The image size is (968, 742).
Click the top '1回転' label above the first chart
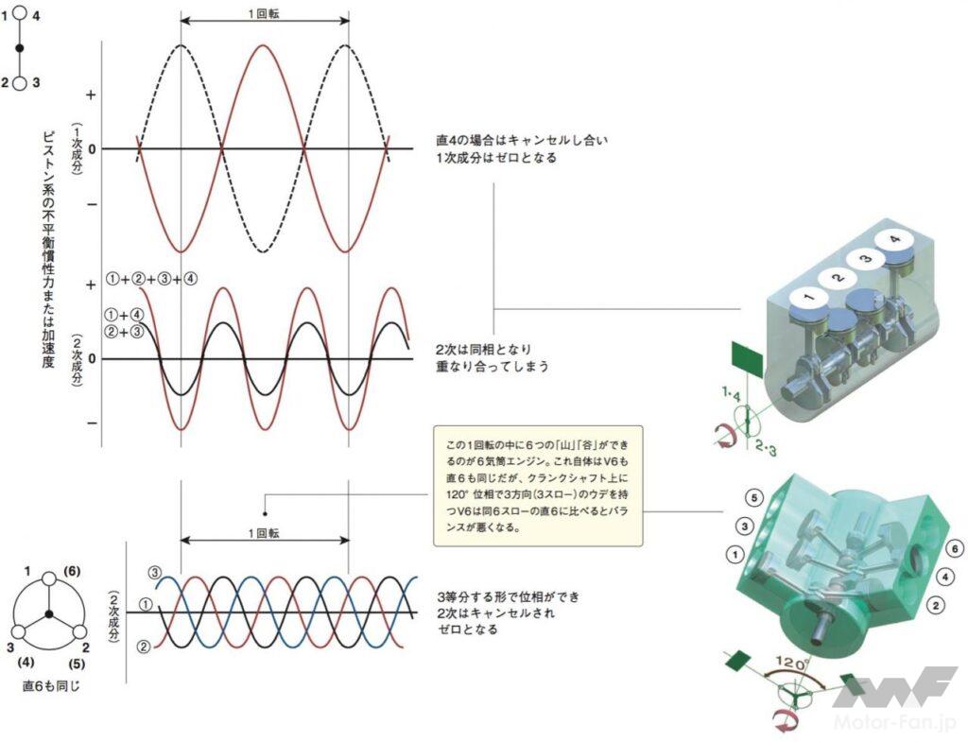(264, 13)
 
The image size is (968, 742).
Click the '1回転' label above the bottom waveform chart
(264, 533)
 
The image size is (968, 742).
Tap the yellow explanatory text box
(538, 486)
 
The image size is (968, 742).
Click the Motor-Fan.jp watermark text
(895, 722)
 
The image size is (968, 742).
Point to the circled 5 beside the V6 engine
(753, 497)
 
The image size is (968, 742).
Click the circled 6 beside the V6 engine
(955, 548)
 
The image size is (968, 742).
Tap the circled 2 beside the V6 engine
(935, 606)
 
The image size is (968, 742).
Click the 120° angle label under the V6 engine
(792, 664)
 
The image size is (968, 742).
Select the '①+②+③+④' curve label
(152, 279)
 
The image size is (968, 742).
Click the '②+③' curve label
(126, 332)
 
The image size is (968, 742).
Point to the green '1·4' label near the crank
(731, 394)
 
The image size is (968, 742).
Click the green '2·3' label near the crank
(766, 446)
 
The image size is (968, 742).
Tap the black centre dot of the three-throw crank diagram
(49, 613)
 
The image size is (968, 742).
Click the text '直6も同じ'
(51, 686)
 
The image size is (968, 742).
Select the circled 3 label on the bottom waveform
(154, 572)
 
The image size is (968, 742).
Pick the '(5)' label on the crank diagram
(77, 664)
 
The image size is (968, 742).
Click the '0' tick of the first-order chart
(92, 148)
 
